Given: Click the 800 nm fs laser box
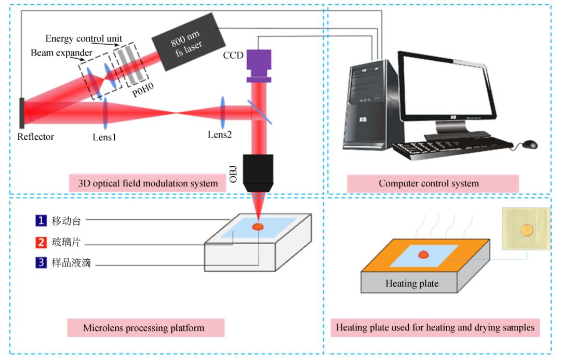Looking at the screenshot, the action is pos(189,42).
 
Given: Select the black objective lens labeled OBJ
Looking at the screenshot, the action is pos(258,174).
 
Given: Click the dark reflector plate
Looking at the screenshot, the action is pos(22,113).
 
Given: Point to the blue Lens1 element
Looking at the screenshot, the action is pos(105,113).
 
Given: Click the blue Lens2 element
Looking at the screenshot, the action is pos(222,113).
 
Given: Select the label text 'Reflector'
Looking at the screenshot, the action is pos(35,137).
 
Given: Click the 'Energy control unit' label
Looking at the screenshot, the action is pos(84,38).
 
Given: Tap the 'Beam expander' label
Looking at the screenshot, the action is pos(61,52).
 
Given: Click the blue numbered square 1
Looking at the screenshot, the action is pos(41,220).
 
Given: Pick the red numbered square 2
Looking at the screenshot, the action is pos(41,242).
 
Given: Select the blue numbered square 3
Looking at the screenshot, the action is pos(41,263).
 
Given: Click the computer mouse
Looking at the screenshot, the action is pos(529,144).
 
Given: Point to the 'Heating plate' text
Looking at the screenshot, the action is pos(412,284).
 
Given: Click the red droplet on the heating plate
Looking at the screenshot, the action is pos(424,255).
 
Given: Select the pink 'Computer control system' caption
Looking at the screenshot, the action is pos(433,183).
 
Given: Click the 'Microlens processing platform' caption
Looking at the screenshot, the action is pos(146,328).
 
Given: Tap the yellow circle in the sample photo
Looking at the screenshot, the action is pos(527,230).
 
